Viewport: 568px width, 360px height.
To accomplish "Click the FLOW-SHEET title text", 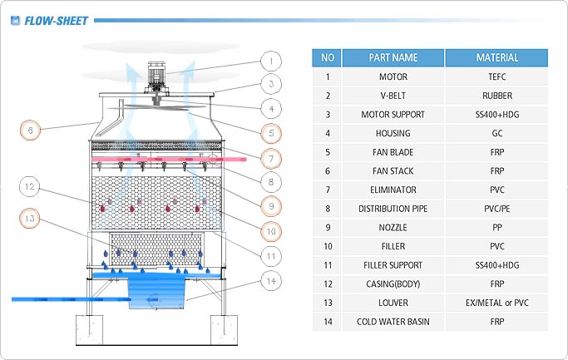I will tap(56, 20).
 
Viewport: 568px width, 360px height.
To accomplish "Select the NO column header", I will tap(327, 58).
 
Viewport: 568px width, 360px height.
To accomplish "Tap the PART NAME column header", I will tap(393, 58).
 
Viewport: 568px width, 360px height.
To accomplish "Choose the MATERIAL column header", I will tap(496, 58).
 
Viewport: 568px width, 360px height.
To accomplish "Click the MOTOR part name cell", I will tap(393, 77).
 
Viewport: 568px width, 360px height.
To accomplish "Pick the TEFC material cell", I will tap(496, 77).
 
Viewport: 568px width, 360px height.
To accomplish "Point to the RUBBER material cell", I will tap(496, 96).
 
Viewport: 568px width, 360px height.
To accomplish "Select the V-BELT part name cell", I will tap(393, 96).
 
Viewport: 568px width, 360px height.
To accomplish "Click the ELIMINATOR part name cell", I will tap(393, 190).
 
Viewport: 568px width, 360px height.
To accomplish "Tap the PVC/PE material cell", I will tap(496, 209).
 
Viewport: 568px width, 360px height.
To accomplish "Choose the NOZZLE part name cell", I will tap(393, 228).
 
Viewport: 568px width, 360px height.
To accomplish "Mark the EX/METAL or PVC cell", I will tap(496, 303).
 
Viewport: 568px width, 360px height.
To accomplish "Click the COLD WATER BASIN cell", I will tap(393, 322).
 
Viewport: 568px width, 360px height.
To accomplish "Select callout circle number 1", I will tap(269, 61).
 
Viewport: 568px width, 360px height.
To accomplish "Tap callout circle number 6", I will tap(30, 131).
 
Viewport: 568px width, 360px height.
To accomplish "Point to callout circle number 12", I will tap(30, 187).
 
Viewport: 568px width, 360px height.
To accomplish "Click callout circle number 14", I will tap(269, 279).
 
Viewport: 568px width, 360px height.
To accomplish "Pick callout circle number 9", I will tap(269, 204).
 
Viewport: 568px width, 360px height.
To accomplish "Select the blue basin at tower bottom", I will tap(159, 292).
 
